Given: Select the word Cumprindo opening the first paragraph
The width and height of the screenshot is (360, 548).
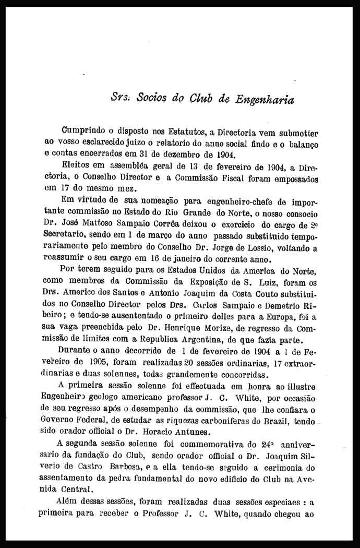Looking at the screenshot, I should [86, 129].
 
